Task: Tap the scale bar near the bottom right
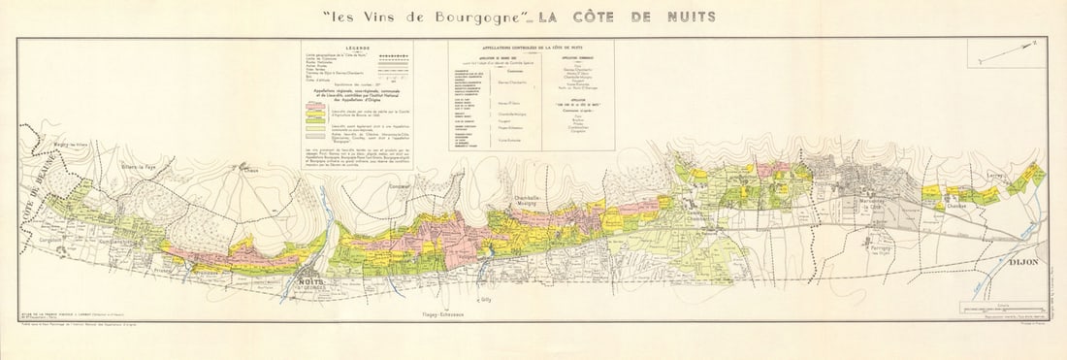click(x=999, y=309)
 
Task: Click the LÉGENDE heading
click(x=358, y=47)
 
